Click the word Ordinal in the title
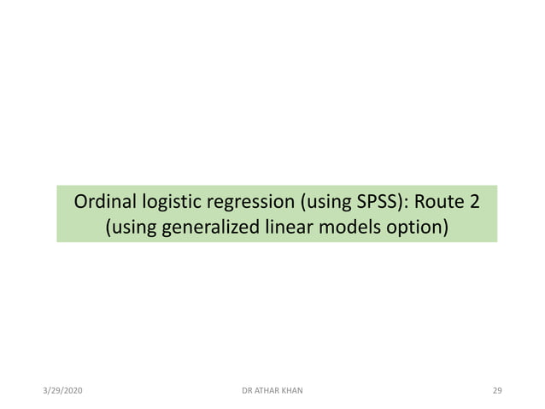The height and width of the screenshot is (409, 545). pos(103,204)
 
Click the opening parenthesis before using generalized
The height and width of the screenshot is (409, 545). pos(108,229)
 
